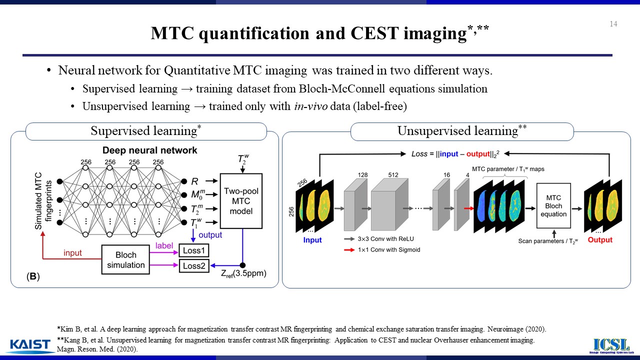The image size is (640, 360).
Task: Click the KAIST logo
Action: pyautogui.click(x=30, y=345)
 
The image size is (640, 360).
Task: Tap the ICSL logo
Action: pyautogui.click(x=610, y=345)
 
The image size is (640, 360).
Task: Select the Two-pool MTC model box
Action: pyautogui.click(x=242, y=201)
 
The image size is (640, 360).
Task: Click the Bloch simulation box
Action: pyautogui.click(x=125, y=259)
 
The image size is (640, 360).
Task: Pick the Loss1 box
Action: pyautogui.click(x=194, y=250)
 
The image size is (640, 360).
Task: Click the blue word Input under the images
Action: pyautogui.click(x=312, y=240)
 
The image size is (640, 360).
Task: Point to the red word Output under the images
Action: pyautogui.click(x=600, y=240)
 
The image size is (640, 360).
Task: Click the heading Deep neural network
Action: pyautogui.click(x=150, y=150)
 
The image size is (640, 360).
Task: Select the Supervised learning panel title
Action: pyautogui.click(x=145, y=131)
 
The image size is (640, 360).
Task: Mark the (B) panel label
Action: pyautogui.click(x=33, y=276)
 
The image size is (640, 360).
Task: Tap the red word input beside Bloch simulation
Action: pyautogui.click(x=72, y=253)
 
